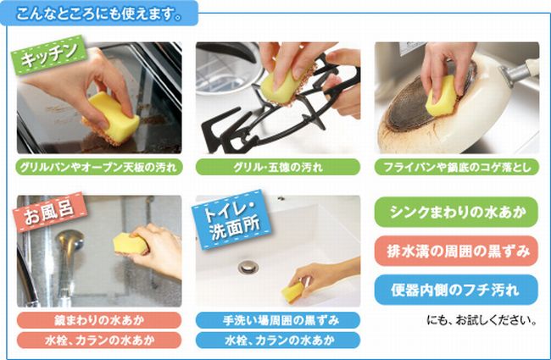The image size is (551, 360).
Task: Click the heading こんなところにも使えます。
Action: coord(98,14)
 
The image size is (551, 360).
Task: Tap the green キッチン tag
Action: coord(48,55)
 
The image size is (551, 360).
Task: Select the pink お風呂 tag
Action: coord(49,212)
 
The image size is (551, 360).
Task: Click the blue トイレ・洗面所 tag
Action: coord(232,220)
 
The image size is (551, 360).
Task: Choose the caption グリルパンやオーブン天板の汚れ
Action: coord(99,167)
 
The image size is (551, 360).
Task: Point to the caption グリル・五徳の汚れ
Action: coord(277,167)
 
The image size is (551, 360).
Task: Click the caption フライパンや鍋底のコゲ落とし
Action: coord(457,167)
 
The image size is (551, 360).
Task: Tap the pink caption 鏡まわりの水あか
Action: coord(99,320)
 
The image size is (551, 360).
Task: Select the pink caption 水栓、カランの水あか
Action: coord(99,340)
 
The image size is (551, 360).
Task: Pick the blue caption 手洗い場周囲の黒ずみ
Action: coord(277,320)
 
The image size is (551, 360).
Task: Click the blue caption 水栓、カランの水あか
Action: coord(277,340)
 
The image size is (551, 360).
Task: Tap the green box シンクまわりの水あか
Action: coord(456,212)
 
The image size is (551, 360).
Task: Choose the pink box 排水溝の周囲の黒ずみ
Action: coord(456,251)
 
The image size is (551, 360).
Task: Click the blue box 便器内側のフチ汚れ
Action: coord(456,290)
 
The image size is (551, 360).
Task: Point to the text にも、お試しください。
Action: coord(481,320)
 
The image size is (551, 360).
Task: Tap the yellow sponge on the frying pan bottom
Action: coord(442,97)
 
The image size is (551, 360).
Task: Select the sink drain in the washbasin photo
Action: coord(248,267)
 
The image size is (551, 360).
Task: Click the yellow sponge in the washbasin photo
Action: coord(292,291)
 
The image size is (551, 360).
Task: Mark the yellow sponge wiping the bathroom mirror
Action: coord(131,244)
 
